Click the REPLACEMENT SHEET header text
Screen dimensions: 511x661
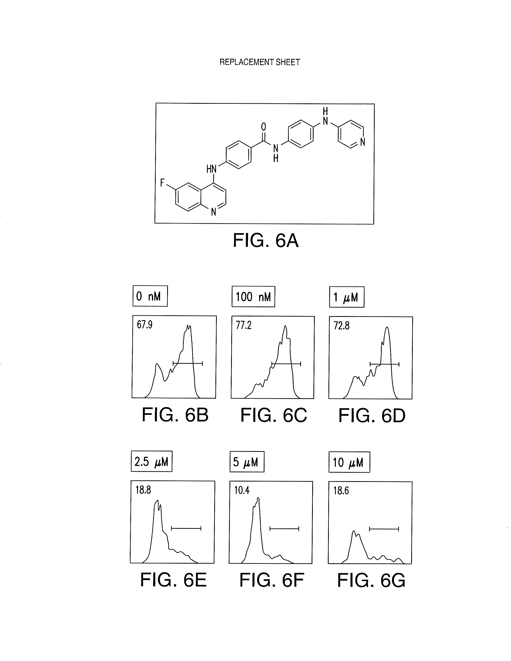(260, 62)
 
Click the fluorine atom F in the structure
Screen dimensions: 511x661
(162, 183)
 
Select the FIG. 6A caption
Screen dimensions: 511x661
(266, 241)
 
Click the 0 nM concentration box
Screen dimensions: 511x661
(150, 296)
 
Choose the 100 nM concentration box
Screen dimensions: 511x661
(253, 297)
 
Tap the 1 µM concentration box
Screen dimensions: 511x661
(347, 297)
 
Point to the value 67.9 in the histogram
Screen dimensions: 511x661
(145, 325)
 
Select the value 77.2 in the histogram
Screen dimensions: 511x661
(244, 326)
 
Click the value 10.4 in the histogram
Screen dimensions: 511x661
(242, 490)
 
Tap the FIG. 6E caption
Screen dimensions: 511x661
(174, 580)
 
